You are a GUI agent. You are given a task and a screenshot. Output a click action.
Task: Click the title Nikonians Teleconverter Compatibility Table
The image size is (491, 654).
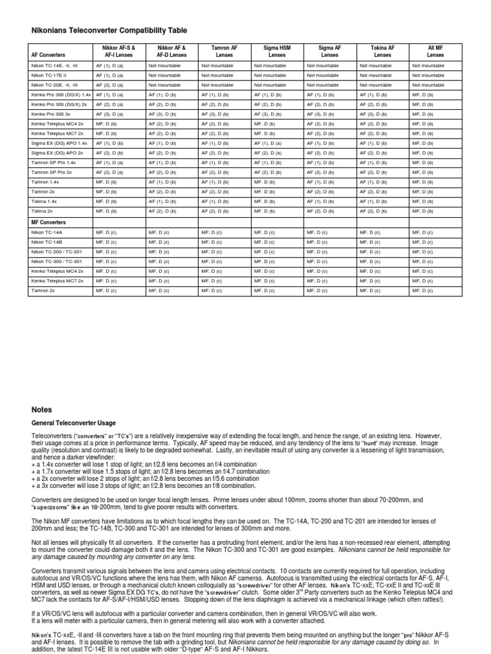point(110,30)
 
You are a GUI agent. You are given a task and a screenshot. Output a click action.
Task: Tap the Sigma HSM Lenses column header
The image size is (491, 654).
point(277,51)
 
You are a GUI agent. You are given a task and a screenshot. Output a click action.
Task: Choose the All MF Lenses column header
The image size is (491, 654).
point(435,51)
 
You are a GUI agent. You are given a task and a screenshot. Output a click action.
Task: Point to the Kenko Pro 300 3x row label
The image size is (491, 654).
point(51,113)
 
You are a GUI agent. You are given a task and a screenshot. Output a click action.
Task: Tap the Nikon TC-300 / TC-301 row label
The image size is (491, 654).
point(56,261)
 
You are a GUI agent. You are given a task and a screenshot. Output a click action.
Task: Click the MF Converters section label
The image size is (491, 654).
point(49,222)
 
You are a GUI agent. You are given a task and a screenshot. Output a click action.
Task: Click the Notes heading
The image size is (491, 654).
point(42,409)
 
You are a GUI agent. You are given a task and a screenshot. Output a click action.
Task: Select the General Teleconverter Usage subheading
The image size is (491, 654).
point(74,423)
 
